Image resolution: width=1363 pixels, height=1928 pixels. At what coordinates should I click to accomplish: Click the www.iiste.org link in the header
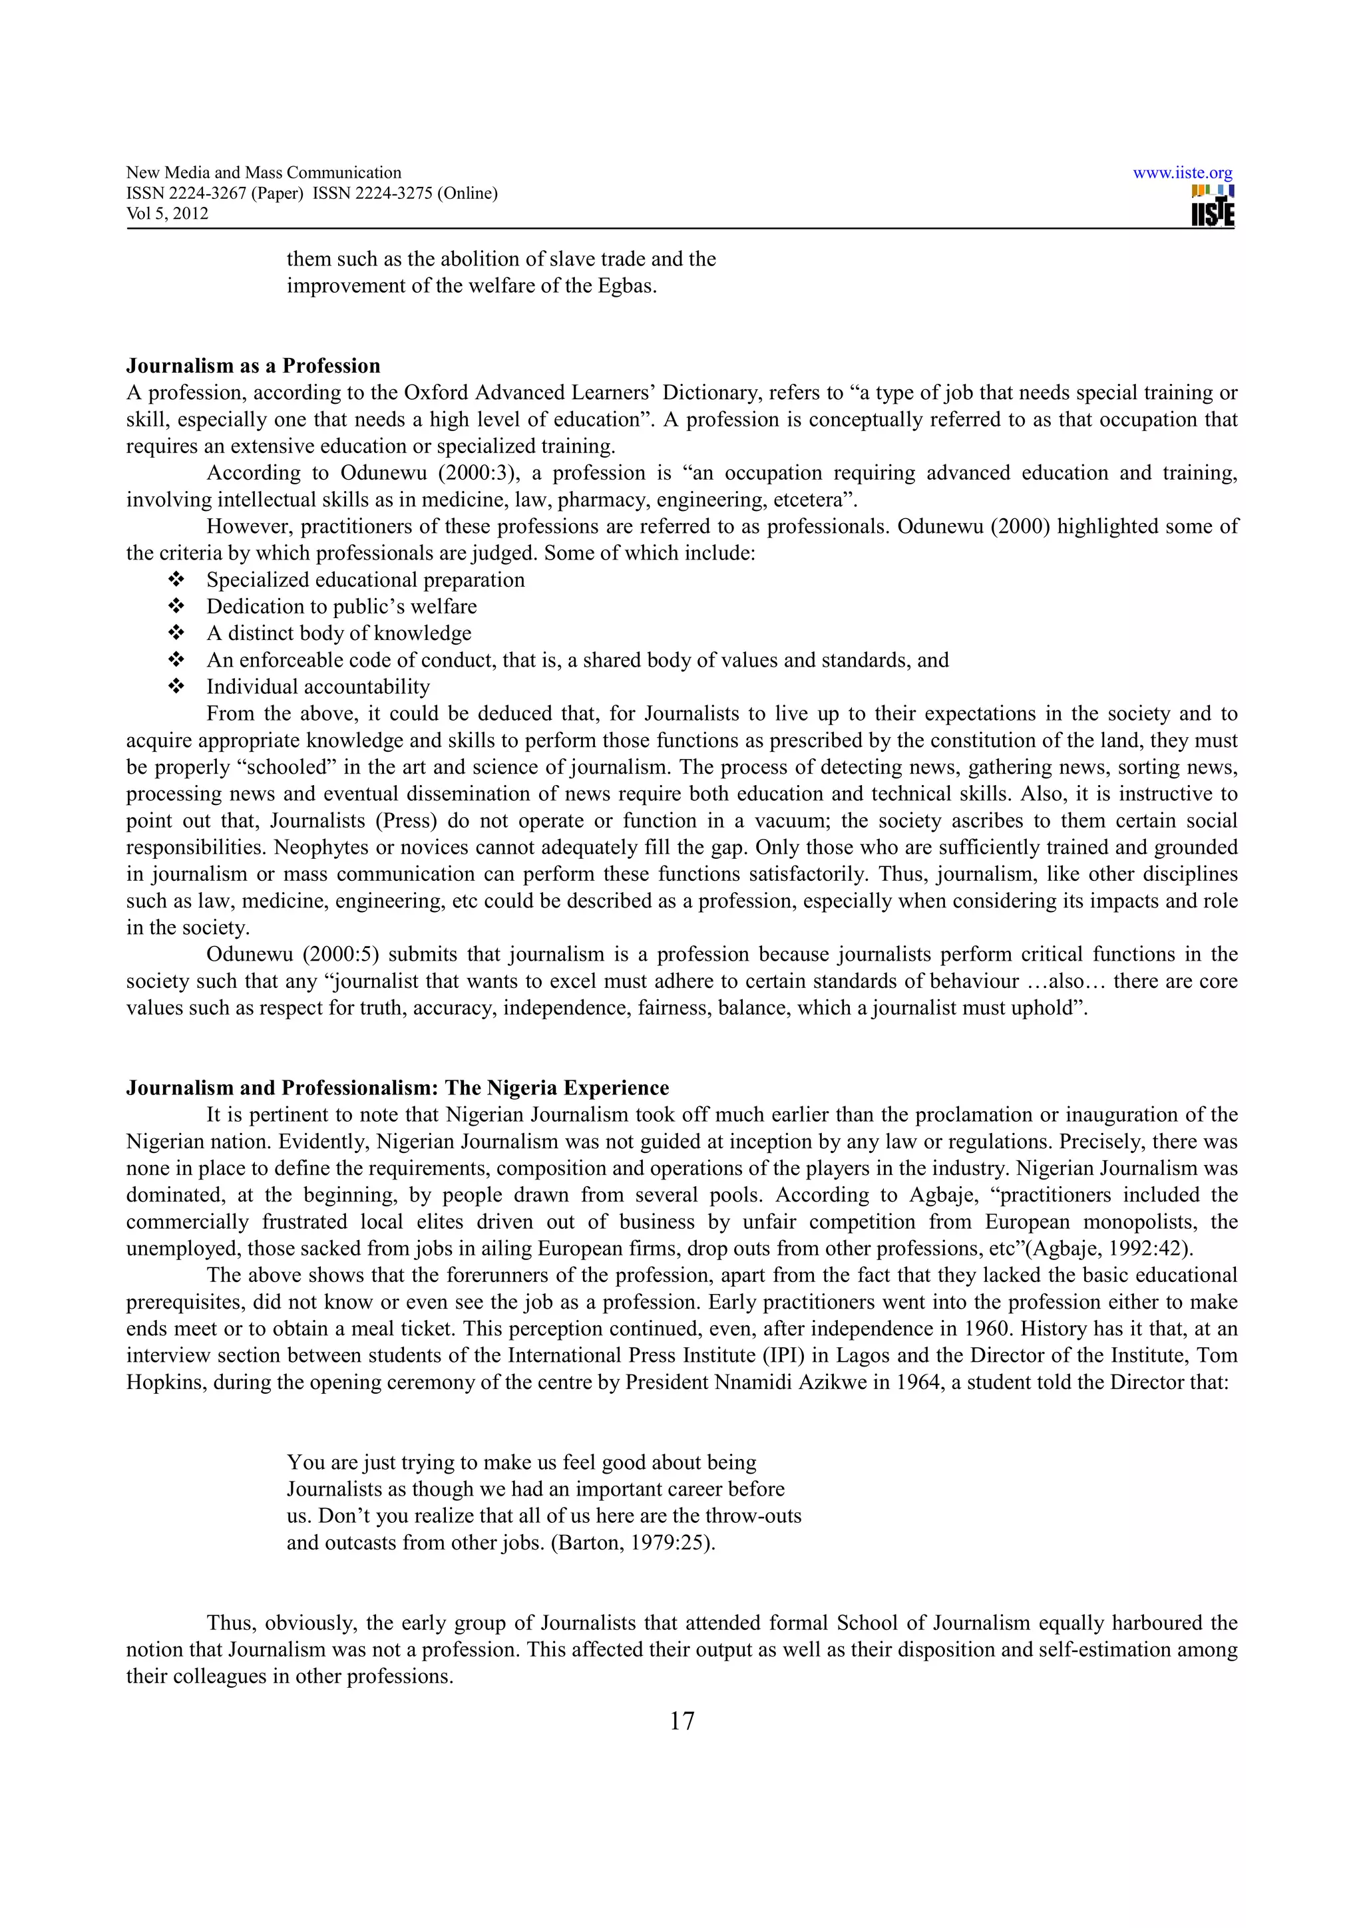coord(1183,174)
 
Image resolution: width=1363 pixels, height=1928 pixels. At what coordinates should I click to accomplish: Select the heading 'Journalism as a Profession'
coord(253,366)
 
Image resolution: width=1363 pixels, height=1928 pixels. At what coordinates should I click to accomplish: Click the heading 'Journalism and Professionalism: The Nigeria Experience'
coord(397,1088)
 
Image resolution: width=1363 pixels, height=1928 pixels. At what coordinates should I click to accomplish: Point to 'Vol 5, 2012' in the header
coord(167,214)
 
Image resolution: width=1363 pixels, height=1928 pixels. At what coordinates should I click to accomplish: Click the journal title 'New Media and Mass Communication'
coord(264,173)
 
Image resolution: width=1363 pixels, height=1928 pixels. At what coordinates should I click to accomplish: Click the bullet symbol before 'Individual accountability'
coord(176,687)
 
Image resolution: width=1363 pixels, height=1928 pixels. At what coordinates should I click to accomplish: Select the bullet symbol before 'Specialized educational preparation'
coord(176,580)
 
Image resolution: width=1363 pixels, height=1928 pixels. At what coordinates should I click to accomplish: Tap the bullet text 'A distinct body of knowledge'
coord(339,633)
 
